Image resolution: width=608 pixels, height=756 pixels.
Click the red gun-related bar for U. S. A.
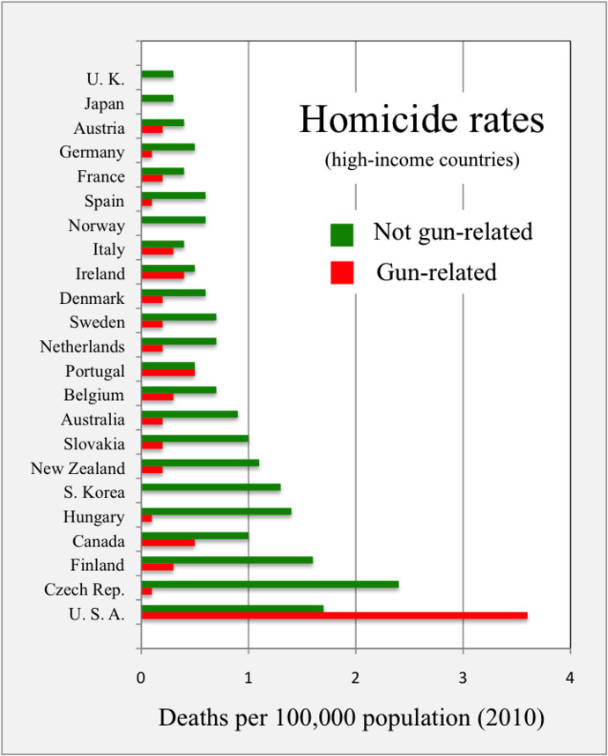pyautogui.click(x=334, y=616)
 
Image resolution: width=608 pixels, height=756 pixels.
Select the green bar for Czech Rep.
pyautogui.click(x=270, y=583)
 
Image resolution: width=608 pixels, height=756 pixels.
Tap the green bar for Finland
pyautogui.click(x=226, y=560)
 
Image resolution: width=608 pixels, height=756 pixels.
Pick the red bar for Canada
pyautogui.click(x=167, y=542)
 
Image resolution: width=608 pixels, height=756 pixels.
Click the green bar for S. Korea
pyautogui.click(x=211, y=486)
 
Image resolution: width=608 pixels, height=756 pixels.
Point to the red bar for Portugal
pyautogui.click(x=167, y=372)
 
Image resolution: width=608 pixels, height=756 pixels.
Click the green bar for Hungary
pyautogui.click(x=216, y=511)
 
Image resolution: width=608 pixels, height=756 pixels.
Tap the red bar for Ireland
pyautogui.click(x=162, y=275)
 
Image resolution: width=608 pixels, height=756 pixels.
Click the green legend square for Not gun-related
pyautogui.click(x=342, y=234)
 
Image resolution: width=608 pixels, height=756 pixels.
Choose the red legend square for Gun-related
pyautogui.click(x=342, y=273)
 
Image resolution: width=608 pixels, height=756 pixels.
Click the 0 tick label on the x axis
pyautogui.click(x=141, y=678)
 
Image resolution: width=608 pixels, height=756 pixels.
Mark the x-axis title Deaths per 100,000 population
pyautogui.click(x=352, y=718)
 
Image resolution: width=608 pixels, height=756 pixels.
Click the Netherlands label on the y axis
pyautogui.click(x=82, y=347)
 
